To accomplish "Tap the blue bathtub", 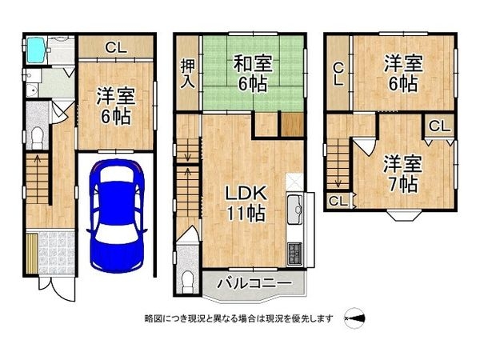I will tap(38, 51).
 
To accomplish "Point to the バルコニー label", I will tap(254, 283).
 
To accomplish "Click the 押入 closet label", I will tap(187, 74).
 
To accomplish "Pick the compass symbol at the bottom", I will tap(354, 318).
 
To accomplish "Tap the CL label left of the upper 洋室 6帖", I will tap(339, 74).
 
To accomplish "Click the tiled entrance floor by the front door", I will tap(50, 251).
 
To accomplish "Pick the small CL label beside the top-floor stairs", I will tap(337, 200).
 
